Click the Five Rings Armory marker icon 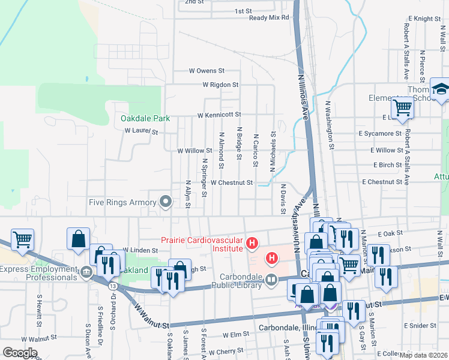(x=165, y=203)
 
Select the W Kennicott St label (x=220, y=114)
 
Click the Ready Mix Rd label (x=269, y=17)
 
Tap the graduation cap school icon (x=440, y=88)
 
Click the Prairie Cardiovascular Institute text (x=201, y=242)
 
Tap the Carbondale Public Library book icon (x=271, y=280)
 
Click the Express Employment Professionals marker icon (x=86, y=273)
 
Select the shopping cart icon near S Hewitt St (x=22, y=239)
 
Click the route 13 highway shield (x=112, y=286)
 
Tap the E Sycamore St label (x=379, y=133)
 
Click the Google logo (x=20, y=352)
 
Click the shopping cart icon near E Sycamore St (x=402, y=108)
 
